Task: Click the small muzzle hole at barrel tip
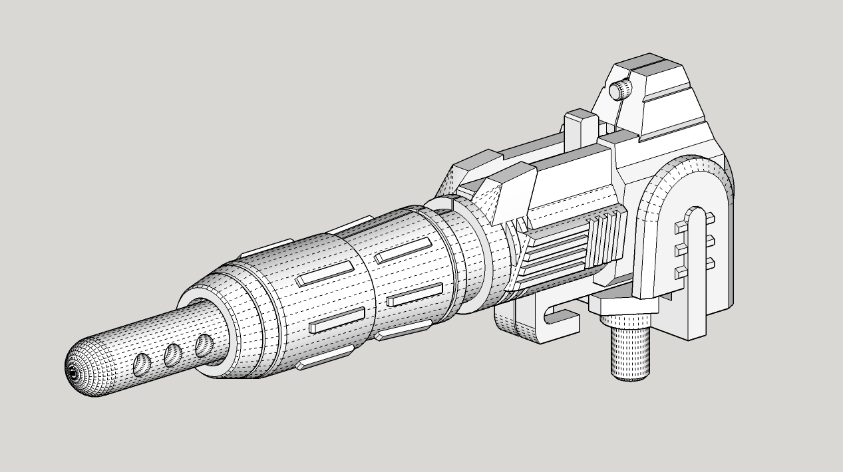pos(72,374)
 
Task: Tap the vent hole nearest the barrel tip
pos(142,364)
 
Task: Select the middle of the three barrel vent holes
pos(174,354)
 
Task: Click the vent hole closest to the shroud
pos(204,344)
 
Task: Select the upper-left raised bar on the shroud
pos(324,273)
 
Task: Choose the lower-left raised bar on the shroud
pos(337,320)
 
